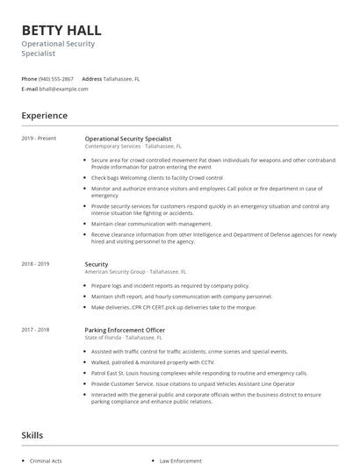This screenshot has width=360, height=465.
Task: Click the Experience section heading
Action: point(44,115)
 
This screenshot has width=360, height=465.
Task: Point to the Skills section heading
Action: point(32,434)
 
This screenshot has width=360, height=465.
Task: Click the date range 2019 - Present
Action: point(39,139)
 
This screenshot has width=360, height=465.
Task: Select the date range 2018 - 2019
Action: point(35,264)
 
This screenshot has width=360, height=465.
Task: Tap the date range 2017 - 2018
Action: point(35,330)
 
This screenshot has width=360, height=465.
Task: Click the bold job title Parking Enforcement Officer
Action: point(125,330)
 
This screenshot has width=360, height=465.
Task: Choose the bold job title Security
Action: point(97,264)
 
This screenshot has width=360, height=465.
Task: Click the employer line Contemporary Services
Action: point(114,147)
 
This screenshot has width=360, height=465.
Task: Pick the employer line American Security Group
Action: point(115,272)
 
